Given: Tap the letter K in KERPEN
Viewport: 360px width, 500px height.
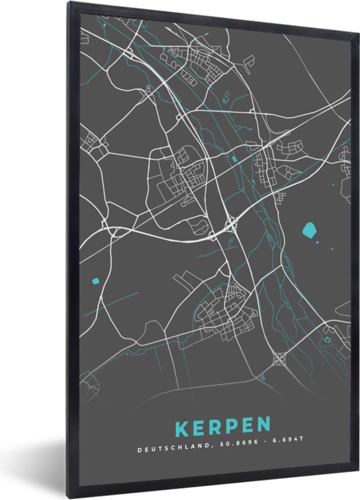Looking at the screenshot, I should coord(182,427).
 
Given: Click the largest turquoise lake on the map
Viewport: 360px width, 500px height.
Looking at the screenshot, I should coord(309,229).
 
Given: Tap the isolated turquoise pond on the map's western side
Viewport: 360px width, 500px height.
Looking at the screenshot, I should coord(96,281).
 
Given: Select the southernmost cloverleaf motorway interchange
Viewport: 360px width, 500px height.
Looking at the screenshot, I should coord(279,359).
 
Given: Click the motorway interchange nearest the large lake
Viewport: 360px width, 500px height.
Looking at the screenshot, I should coord(231,225).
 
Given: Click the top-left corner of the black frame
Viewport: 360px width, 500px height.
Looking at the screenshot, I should coord(69,3).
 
